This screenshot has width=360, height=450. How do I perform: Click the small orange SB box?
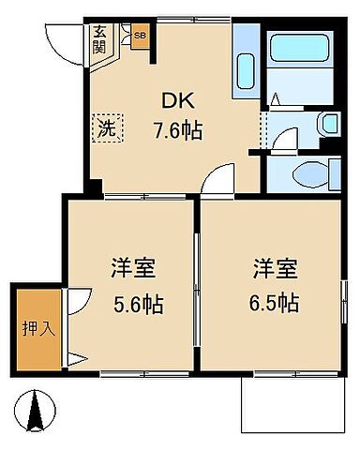point(140,37)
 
